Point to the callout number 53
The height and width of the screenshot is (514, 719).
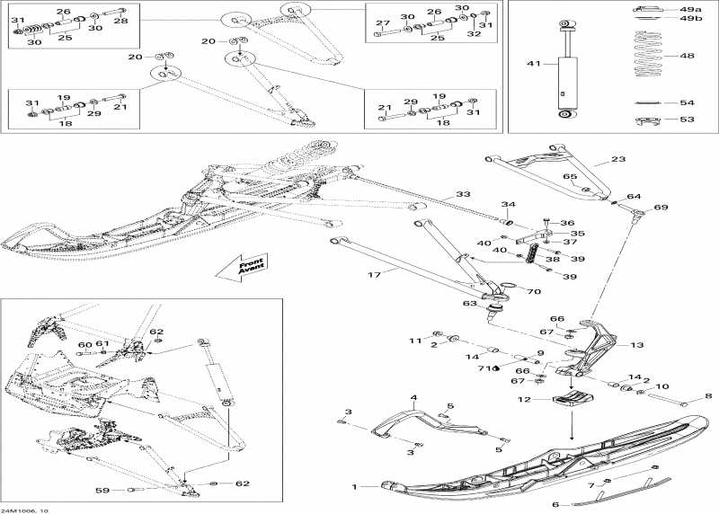point(688,119)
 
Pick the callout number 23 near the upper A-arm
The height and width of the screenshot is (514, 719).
point(617,159)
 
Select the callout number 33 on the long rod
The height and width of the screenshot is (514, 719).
point(463,194)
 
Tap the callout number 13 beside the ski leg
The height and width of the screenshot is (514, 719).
point(636,344)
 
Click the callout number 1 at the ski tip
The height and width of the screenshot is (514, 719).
point(355,486)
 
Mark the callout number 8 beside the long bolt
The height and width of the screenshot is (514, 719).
point(707,396)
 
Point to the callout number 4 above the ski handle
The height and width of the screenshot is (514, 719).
point(414,397)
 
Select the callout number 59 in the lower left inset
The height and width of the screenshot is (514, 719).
point(102,490)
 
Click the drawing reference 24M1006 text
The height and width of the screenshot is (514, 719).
point(26,510)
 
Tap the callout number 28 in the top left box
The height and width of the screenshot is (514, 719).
point(120,20)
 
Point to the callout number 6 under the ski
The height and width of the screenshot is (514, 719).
point(555,504)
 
